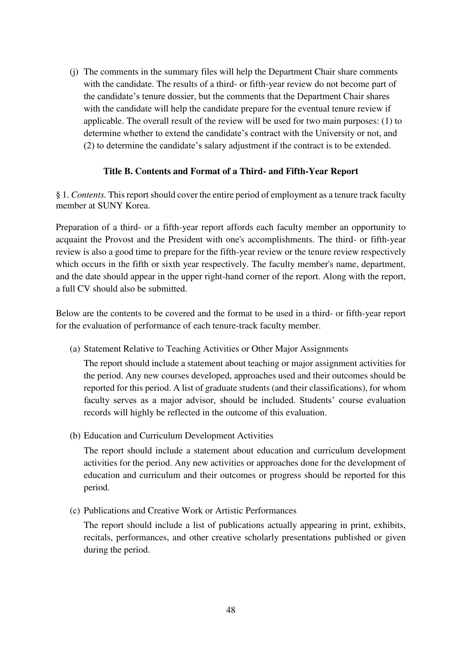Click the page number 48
click(x=230, y=610)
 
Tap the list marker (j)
click(x=74, y=72)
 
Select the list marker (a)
click(x=74, y=349)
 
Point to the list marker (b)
click(x=74, y=436)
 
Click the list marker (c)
click(x=74, y=511)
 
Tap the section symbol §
click(x=58, y=195)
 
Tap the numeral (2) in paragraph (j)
click(x=89, y=146)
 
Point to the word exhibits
click(x=389, y=525)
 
